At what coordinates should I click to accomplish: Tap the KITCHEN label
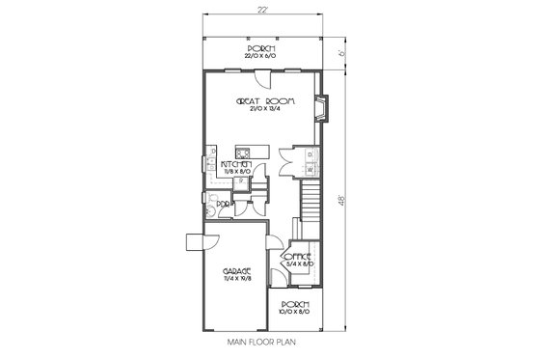point(236,165)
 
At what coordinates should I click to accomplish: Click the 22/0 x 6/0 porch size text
point(261,56)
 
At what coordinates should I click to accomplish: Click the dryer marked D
point(310,154)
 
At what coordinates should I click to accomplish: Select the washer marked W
point(310,170)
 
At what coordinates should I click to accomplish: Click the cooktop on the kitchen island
point(245,152)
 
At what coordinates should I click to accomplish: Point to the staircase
point(309,205)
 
